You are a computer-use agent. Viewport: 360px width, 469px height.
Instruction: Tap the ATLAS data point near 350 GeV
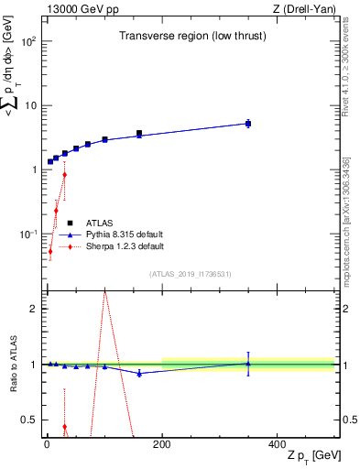(x=248, y=123)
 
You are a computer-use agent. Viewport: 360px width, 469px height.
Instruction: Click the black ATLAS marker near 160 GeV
(x=139, y=133)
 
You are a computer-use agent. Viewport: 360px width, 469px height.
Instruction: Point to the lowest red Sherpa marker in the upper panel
(x=50, y=251)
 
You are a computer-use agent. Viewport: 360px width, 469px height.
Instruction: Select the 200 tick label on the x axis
(x=162, y=443)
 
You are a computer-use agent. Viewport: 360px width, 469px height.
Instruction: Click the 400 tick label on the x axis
(x=278, y=443)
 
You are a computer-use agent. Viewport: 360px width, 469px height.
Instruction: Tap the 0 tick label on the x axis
(x=47, y=443)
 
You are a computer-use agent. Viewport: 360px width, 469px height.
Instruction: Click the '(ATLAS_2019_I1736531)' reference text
(x=191, y=274)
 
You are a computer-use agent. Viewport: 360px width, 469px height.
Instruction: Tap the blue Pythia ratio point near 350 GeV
(x=248, y=364)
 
